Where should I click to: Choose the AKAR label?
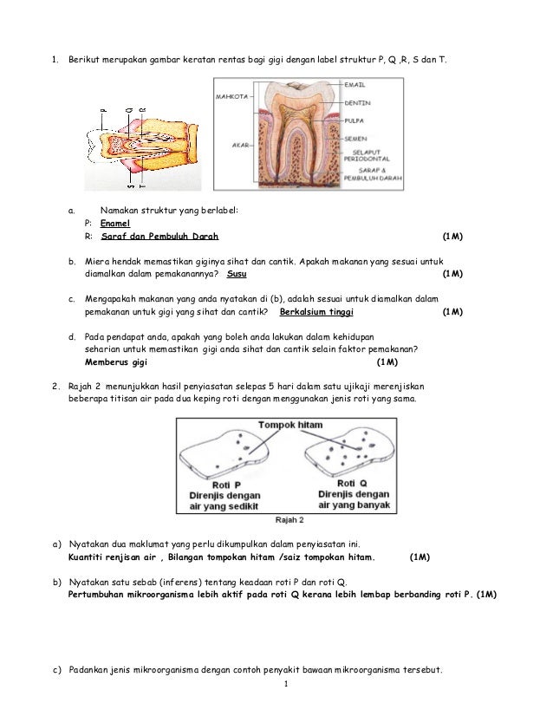pos(241,146)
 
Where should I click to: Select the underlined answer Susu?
pos(236,274)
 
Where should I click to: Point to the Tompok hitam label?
pos(290,425)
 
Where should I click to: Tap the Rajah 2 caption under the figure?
pos(289,520)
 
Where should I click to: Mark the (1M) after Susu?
pos(452,274)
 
